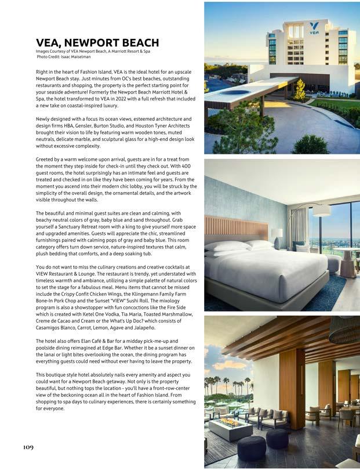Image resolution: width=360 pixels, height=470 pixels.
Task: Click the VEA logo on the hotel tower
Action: [314, 28]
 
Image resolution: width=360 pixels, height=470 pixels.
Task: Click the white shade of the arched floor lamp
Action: [321, 211]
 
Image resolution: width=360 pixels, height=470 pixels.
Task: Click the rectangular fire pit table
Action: [230, 429]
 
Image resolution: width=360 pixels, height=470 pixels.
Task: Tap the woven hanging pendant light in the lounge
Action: [344, 330]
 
